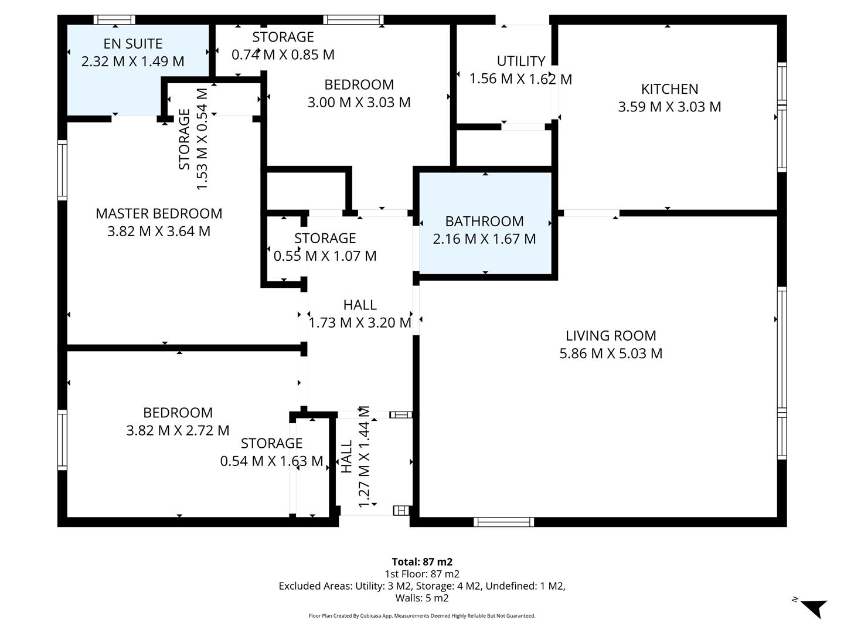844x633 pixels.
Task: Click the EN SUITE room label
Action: coord(132,44)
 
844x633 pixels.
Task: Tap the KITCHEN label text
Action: coord(669,89)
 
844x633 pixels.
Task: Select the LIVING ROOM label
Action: coord(611,336)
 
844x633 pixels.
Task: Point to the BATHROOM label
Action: coord(484,222)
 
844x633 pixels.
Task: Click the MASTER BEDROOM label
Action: coord(159,214)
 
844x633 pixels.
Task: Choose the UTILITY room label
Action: coord(520,62)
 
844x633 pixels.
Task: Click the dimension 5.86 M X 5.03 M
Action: coord(611,353)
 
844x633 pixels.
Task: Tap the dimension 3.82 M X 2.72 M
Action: coord(178,431)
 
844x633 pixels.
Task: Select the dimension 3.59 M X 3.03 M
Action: coord(669,107)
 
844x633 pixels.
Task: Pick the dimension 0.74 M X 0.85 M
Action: coord(283,55)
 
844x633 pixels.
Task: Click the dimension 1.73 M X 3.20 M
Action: coord(360,323)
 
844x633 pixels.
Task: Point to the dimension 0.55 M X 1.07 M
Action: coord(325,256)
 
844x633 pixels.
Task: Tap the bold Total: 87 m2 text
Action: coord(422,562)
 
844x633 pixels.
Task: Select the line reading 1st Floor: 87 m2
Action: coord(422,574)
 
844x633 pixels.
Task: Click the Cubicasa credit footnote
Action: coord(422,616)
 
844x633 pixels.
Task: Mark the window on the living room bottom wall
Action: coord(503,522)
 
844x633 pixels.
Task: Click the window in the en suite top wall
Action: coord(114,20)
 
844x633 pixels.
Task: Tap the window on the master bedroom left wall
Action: coord(62,170)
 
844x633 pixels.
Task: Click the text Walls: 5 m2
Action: coord(422,598)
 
